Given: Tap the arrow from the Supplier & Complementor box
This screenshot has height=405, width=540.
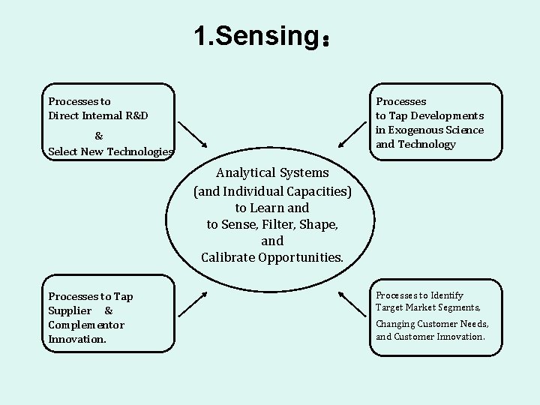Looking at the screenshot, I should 192,302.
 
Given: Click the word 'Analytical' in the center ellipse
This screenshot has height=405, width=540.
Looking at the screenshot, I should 246,173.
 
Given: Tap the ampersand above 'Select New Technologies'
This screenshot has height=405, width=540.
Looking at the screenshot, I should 99,136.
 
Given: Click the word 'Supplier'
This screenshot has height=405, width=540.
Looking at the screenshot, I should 70,310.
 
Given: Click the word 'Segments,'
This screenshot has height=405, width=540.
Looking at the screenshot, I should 457,307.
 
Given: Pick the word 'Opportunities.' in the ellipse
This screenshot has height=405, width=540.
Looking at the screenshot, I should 301,258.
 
